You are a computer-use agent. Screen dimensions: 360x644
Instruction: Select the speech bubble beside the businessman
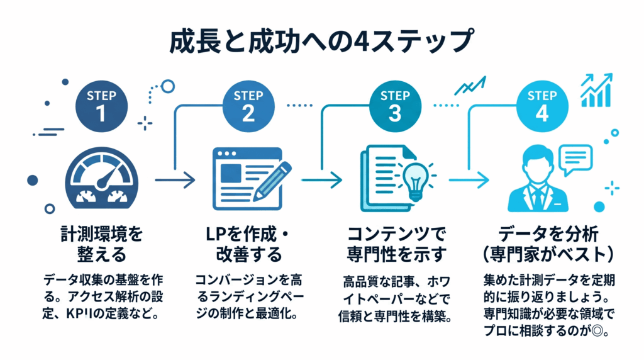pyautogui.click(x=575, y=158)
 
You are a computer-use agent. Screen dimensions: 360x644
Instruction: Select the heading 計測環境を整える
pyautogui.click(x=100, y=245)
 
